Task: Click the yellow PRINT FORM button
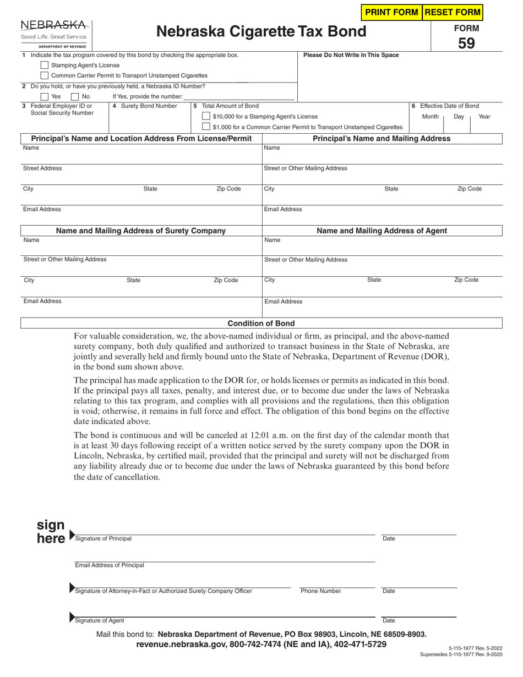click(x=391, y=12)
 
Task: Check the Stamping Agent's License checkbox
click(x=45, y=65)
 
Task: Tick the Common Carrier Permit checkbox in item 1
click(x=45, y=75)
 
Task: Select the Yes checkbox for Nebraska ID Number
click(x=45, y=96)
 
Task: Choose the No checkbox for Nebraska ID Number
click(x=75, y=96)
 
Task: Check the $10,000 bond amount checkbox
click(x=206, y=116)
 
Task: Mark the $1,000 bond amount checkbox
click(x=206, y=127)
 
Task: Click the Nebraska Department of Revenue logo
click(x=54, y=34)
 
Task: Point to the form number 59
click(x=466, y=43)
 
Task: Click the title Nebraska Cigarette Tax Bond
click(x=261, y=31)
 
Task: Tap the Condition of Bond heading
click(x=261, y=324)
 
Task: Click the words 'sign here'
click(x=51, y=532)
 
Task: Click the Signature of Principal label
click(x=103, y=539)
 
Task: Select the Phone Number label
click(x=320, y=591)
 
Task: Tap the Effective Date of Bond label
click(x=449, y=106)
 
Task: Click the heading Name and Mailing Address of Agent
click(x=382, y=231)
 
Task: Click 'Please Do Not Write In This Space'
click(x=351, y=55)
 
